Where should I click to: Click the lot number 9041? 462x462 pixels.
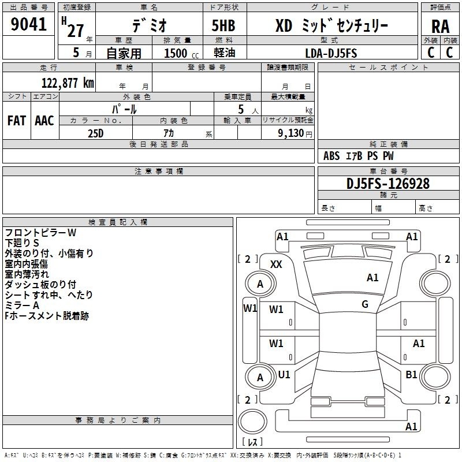(28, 24)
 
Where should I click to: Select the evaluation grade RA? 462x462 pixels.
(441, 27)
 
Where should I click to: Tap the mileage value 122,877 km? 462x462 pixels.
(68, 83)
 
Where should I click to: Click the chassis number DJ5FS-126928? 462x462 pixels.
(388, 184)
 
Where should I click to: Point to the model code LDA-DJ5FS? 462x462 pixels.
(331, 53)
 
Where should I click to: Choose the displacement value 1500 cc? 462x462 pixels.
(181, 53)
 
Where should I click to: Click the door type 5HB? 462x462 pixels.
(223, 25)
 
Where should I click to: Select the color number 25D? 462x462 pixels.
(96, 133)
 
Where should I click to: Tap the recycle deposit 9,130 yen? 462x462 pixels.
(295, 133)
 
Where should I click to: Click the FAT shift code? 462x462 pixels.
(17, 121)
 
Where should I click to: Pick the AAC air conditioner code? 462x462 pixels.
(44, 121)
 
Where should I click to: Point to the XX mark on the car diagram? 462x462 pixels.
(276, 264)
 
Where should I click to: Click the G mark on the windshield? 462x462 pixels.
(365, 304)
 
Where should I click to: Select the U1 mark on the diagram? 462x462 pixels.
(284, 374)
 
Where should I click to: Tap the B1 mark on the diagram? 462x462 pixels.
(411, 374)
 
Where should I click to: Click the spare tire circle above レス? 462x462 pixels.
(252, 422)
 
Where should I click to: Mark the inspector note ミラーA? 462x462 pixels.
(22, 305)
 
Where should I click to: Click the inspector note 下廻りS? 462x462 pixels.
(22, 243)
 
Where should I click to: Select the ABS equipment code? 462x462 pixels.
(331, 156)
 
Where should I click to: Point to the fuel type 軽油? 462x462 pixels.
(225, 53)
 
